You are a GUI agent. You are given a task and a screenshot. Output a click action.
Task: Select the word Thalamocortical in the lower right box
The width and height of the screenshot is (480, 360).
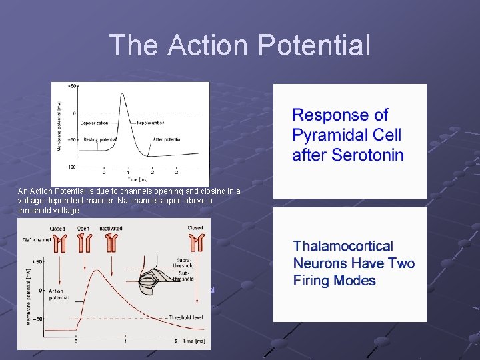[x=343, y=246]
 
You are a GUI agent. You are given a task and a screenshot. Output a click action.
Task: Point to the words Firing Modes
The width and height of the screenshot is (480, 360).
[x=335, y=281]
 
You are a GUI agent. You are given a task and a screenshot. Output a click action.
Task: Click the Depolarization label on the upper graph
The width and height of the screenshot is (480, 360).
[x=96, y=123]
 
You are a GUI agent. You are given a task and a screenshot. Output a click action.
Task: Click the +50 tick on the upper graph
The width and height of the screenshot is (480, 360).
[x=72, y=86]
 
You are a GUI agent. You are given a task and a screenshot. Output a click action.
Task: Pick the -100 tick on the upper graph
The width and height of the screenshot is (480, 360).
[x=71, y=166]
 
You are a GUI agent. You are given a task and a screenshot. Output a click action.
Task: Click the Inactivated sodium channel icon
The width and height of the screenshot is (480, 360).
[x=111, y=243]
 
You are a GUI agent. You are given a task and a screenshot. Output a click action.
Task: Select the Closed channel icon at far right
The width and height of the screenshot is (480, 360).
[x=195, y=243]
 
